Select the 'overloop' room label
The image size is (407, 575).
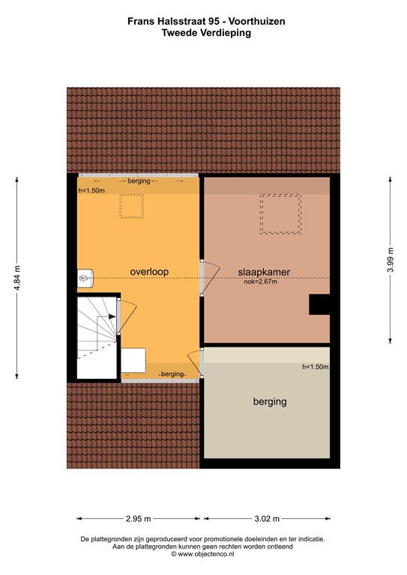click(148, 271)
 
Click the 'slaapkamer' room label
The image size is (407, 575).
click(264, 271)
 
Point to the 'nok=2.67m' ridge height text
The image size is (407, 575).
click(260, 282)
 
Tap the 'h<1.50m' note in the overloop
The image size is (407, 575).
click(91, 191)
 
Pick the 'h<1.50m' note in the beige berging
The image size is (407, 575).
click(315, 367)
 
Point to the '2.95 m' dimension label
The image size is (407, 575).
click(138, 518)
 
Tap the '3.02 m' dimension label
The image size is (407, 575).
click(267, 518)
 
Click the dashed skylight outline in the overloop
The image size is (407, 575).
click(132, 207)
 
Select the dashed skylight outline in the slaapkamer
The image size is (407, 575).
click(280, 214)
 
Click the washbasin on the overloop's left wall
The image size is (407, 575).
click(85, 279)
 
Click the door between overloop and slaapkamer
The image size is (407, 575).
click(208, 278)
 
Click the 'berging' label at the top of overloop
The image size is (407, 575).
click(139, 181)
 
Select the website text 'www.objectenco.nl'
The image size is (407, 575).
click(209, 554)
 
